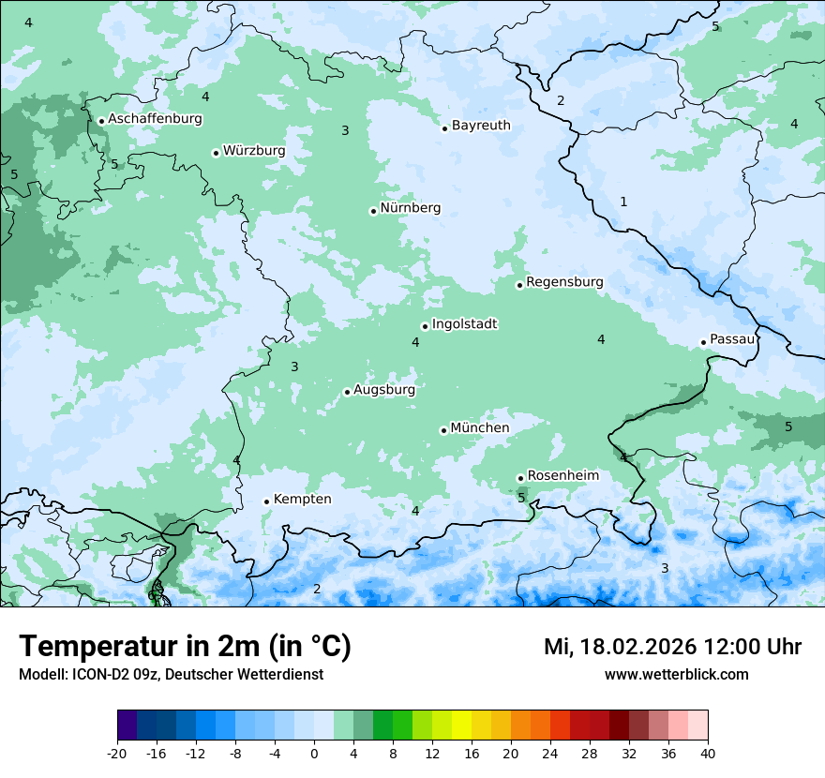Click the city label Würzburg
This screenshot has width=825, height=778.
point(254,151)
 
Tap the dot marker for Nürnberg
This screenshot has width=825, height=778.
point(373,211)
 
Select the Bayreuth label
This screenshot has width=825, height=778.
point(481,126)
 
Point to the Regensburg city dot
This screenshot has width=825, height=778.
point(519,285)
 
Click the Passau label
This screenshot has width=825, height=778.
point(732,339)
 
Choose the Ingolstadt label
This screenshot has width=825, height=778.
point(464,324)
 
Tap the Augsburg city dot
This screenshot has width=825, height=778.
point(347,392)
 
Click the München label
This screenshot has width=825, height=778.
point(480,428)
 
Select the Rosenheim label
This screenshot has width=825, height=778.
point(562,476)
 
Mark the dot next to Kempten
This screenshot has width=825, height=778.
point(266,501)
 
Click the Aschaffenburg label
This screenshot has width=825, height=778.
point(155,119)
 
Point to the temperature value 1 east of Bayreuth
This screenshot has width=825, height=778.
point(623,202)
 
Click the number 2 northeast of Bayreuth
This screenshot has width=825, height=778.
point(561,100)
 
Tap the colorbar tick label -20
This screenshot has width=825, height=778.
point(116,754)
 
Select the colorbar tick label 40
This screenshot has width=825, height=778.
point(708,754)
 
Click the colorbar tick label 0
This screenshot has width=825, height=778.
point(314,754)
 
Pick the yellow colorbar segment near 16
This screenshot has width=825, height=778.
point(461,726)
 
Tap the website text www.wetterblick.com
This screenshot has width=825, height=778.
point(676,674)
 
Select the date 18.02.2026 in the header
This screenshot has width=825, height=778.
point(637,647)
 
